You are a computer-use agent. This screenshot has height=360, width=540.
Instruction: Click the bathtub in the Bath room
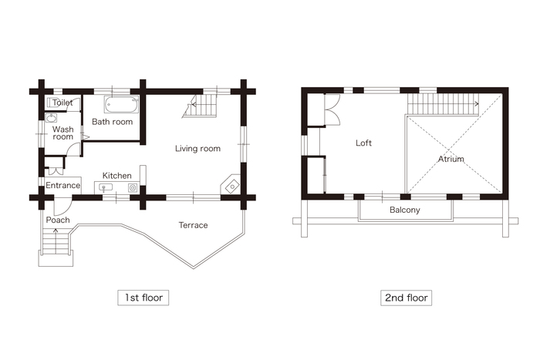(121, 104)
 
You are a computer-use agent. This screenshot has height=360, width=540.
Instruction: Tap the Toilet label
(62, 103)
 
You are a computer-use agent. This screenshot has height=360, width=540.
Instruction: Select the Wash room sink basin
(52, 119)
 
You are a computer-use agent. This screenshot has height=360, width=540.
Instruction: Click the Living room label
(197, 149)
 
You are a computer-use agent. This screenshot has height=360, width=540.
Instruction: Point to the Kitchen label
(117, 176)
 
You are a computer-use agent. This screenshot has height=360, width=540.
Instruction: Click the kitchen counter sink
(106, 187)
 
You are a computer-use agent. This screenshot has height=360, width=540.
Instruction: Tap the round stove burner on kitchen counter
(133, 188)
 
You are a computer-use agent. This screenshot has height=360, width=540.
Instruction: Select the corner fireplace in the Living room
(231, 185)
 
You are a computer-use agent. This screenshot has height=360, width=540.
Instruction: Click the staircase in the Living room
(200, 106)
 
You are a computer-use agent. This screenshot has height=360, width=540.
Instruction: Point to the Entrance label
(63, 186)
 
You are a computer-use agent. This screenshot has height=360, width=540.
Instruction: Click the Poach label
(58, 220)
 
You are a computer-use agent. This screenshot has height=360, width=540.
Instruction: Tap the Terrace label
(193, 225)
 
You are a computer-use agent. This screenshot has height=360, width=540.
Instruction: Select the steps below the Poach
(56, 242)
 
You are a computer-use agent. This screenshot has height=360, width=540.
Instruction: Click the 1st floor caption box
(143, 298)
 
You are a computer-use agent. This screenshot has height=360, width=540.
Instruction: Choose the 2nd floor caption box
(406, 298)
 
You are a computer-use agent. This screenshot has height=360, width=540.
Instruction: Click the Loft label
(363, 143)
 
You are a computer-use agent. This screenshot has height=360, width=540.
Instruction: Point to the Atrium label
(451, 159)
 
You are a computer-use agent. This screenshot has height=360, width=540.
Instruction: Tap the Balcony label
(405, 210)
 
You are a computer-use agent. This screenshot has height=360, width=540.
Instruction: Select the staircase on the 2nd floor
(443, 104)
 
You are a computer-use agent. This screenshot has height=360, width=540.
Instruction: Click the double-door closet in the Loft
(332, 109)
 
